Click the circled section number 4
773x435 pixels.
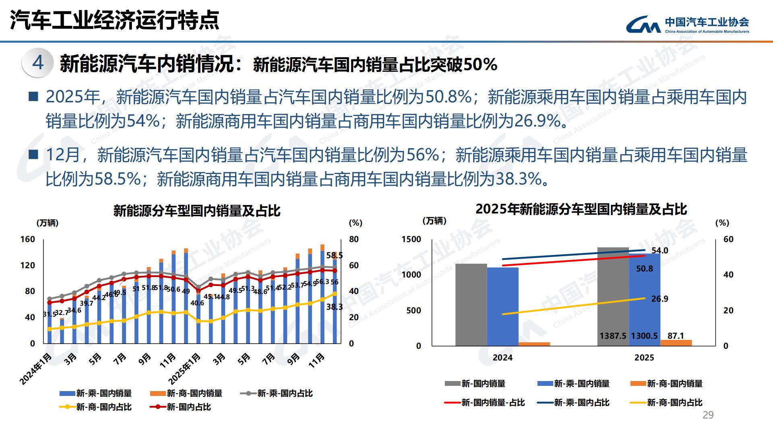[38, 63]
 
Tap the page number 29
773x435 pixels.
[708, 415]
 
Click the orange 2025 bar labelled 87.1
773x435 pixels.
[676, 343]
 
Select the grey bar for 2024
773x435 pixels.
[471, 304]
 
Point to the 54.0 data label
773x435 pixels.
[659, 251]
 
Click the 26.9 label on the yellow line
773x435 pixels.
[659, 299]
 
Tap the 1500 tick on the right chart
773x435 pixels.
[411, 239]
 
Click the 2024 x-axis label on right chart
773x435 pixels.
[502, 358]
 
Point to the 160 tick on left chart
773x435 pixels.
[28, 239]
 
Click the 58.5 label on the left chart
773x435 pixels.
[334, 255]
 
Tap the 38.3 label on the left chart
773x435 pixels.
[334, 307]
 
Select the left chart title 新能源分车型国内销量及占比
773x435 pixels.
[196, 211]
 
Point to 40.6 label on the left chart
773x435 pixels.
[197, 303]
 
